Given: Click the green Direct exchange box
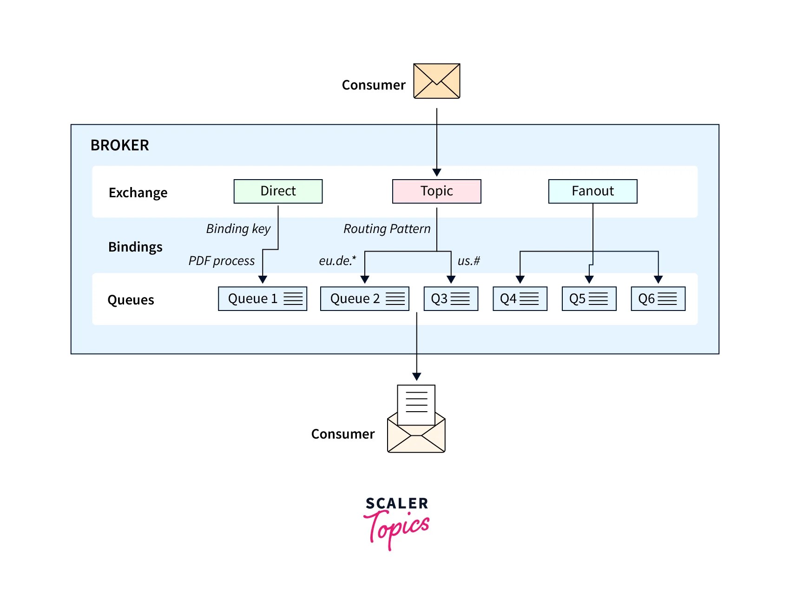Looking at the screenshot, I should click(278, 191).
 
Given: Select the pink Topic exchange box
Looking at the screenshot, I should click(436, 191).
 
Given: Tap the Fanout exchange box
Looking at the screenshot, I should click(592, 191).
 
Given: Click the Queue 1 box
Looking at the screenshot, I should click(263, 298).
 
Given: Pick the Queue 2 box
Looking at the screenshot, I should click(364, 298).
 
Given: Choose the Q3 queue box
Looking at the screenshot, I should click(451, 298).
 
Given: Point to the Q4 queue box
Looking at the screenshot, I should click(520, 298).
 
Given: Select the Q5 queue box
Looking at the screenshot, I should click(589, 298).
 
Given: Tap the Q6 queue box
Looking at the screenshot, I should click(658, 298).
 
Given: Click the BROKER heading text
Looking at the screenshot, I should click(119, 145).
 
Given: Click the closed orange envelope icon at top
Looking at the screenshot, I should click(436, 81).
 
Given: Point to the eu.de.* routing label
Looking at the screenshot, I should click(337, 261).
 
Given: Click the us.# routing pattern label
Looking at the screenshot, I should click(468, 261).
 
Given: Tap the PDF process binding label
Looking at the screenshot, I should click(222, 261).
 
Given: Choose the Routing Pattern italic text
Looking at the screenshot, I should click(387, 229).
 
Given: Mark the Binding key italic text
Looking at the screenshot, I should click(238, 229).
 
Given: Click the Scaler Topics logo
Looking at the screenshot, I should click(396, 522).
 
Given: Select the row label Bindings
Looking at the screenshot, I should click(135, 247).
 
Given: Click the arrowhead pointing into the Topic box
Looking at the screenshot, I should click(436, 173).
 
